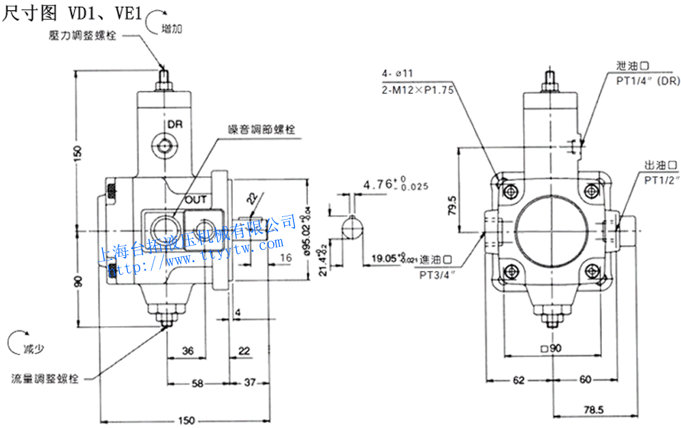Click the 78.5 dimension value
click(593, 410)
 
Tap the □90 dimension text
click(550, 348)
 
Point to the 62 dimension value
click(519, 379)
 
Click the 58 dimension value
click(197, 383)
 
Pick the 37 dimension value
click(249, 383)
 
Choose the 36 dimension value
click(189, 350)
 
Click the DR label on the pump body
click(176, 125)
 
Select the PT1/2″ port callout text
click(662, 180)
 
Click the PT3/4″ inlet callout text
click(437, 274)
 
